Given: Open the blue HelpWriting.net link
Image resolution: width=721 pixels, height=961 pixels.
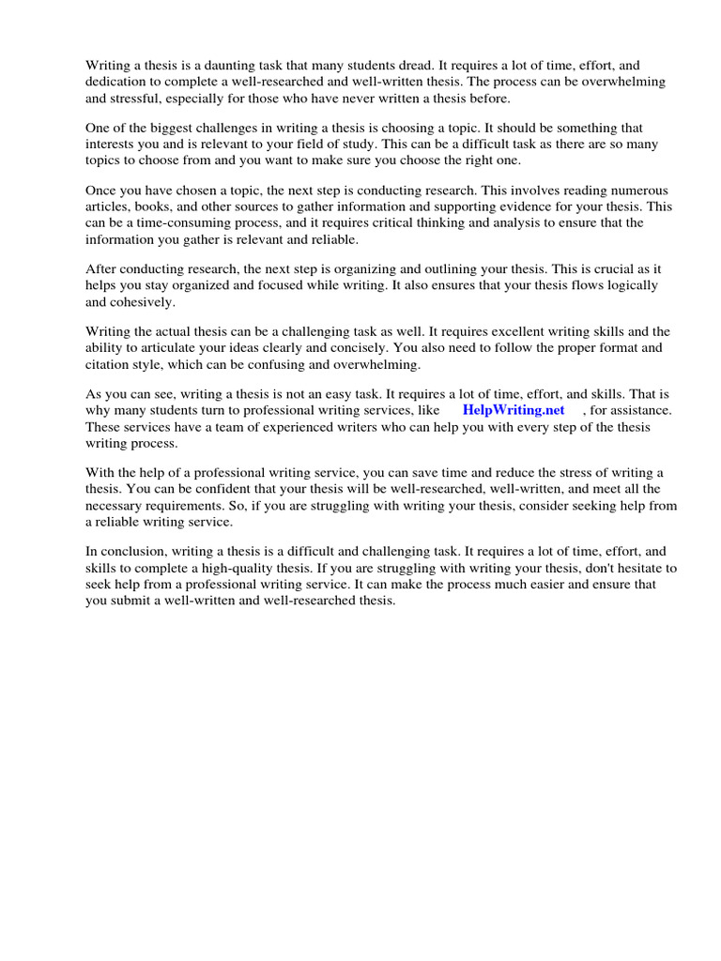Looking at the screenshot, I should [x=514, y=410].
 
